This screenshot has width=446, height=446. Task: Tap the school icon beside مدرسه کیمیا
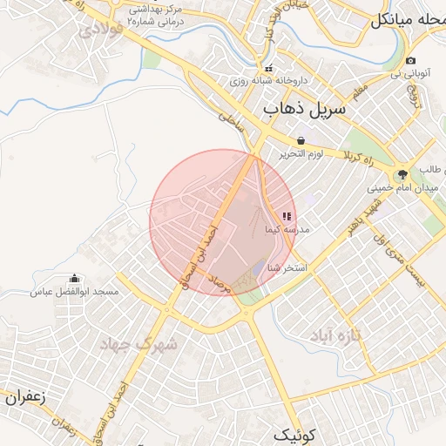[x=287, y=216]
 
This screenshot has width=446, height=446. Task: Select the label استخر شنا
[x=287, y=267]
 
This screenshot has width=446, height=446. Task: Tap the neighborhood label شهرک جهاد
[x=143, y=343]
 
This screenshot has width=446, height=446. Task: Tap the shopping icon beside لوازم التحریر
[x=301, y=140]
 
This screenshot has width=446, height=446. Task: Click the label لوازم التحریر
[x=301, y=154]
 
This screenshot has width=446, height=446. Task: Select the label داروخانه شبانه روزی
[x=258, y=81]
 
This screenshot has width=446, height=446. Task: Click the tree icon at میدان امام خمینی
[x=402, y=174]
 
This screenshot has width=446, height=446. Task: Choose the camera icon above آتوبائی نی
[x=411, y=61]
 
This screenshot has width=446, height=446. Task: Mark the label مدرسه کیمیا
[x=301, y=230]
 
